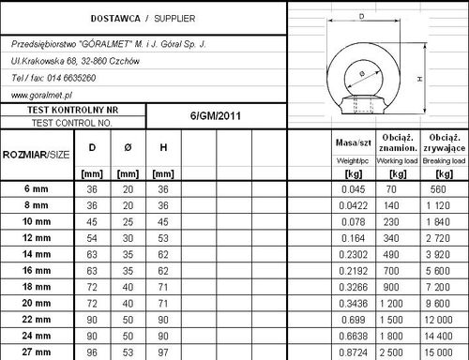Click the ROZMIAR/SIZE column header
pyautogui.click(x=36, y=153)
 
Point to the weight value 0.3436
pyautogui.click(x=353, y=304)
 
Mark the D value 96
pyautogui.click(x=92, y=352)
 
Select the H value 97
pyautogui.click(x=162, y=352)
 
